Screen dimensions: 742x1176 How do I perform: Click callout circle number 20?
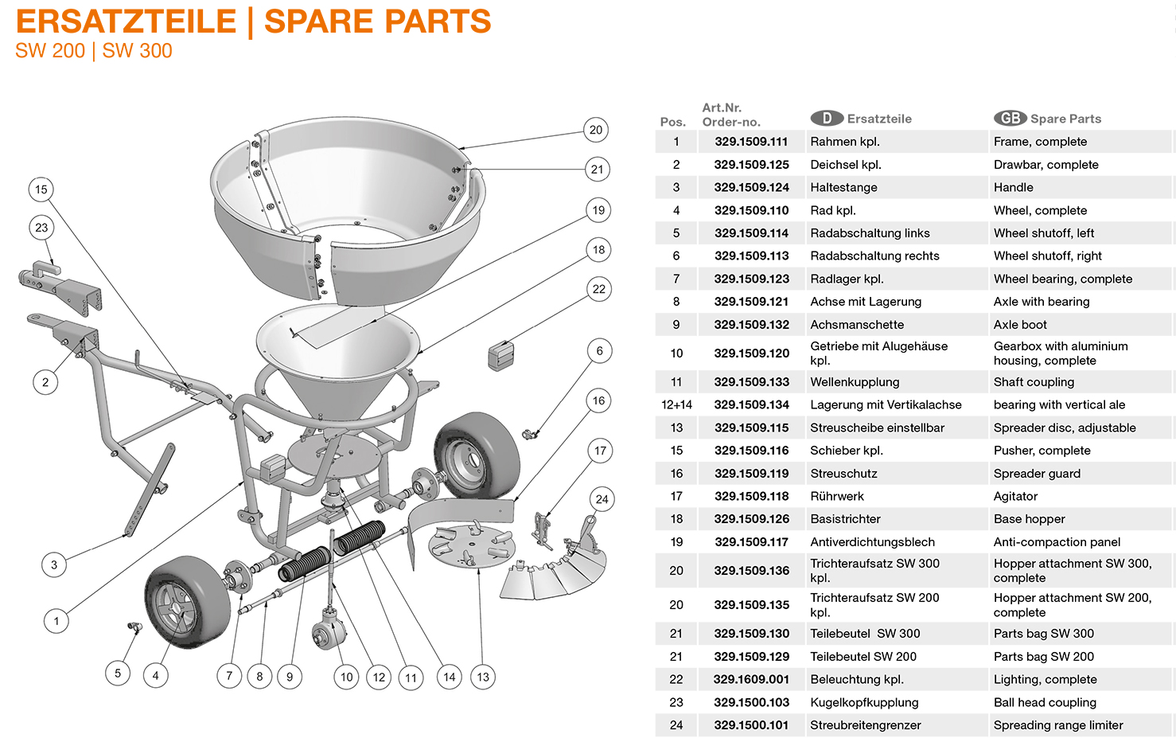[x=596, y=130]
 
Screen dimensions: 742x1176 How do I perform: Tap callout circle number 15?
[x=41, y=189]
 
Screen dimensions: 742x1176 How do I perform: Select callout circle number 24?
[x=602, y=499]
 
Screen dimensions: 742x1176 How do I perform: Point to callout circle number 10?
[x=346, y=677]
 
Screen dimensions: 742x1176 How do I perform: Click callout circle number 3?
[x=54, y=565]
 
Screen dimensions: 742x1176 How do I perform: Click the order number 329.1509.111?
[x=751, y=142]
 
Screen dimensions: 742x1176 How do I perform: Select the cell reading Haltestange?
[x=843, y=187]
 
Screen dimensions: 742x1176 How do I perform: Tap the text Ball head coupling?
[x=1044, y=702]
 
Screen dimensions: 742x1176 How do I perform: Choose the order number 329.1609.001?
[x=751, y=679]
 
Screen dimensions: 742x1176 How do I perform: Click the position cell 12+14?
[x=676, y=404]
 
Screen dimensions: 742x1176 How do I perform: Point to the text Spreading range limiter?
[x=1057, y=725]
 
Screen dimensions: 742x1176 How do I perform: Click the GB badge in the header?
[x=1010, y=118]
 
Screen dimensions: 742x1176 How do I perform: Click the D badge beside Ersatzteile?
[x=827, y=118]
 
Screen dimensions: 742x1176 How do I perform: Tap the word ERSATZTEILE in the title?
[x=126, y=21]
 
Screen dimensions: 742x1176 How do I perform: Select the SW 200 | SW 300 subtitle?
[x=93, y=51]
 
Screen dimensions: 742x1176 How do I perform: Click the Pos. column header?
[x=672, y=122]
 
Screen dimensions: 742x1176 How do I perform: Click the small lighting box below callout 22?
[x=500, y=354]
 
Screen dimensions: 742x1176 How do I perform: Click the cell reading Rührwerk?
[x=836, y=496]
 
